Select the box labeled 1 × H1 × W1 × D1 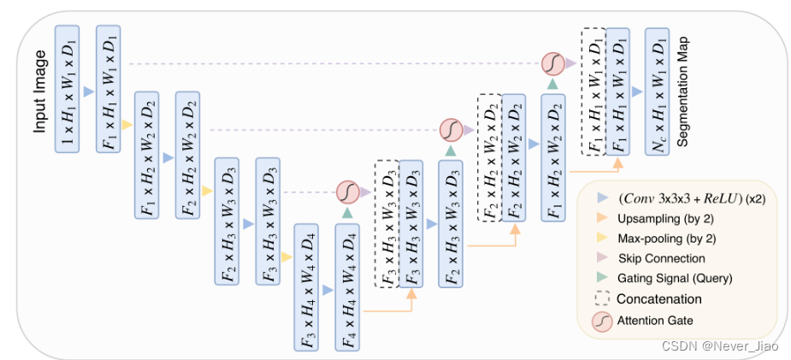point(68,89)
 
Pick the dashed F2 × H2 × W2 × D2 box point(490,157)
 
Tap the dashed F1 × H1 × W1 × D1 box point(593,91)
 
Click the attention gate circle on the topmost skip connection point(552,63)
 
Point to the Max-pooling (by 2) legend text point(661,238)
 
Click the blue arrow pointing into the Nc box point(635,91)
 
